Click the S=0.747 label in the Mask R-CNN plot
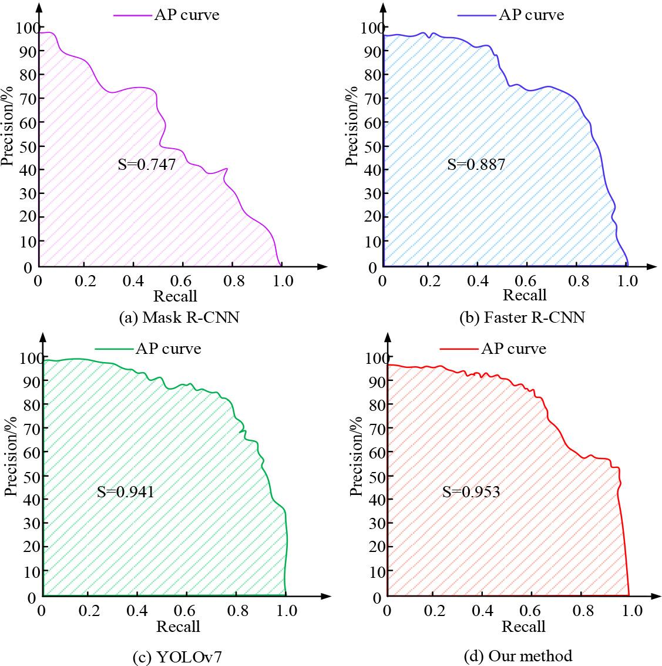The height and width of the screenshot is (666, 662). pyautogui.click(x=147, y=165)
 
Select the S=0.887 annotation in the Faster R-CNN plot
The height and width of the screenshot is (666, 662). pyautogui.click(x=476, y=165)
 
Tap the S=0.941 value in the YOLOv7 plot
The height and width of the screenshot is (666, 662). pyautogui.click(x=125, y=491)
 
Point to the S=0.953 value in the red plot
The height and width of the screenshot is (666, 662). pyautogui.click(x=471, y=491)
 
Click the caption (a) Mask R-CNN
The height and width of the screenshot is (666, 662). pyautogui.click(x=179, y=318)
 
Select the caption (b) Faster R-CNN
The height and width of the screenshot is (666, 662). pyautogui.click(x=522, y=318)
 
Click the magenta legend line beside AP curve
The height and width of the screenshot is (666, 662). pyautogui.click(x=132, y=15)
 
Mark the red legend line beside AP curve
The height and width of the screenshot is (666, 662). pyautogui.click(x=459, y=349)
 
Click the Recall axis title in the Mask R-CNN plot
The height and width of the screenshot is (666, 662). pyautogui.click(x=175, y=295)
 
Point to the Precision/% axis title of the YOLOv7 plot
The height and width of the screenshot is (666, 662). pyautogui.click(x=11, y=457)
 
